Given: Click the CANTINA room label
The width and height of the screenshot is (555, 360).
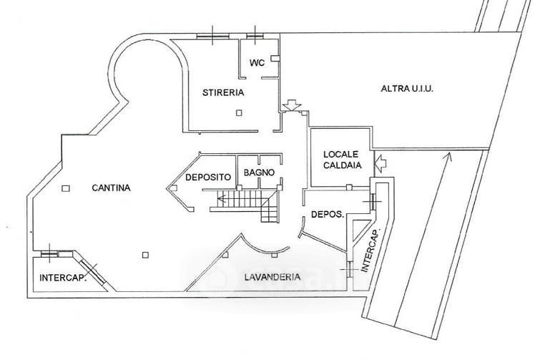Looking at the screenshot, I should pyautogui.click(x=111, y=188).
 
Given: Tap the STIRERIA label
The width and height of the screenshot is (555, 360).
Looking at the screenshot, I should pyautogui.click(x=223, y=92).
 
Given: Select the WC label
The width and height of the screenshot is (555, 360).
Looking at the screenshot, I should pyautogui.click(x=257, y=63).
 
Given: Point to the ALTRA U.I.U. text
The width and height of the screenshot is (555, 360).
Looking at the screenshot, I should pyautogui.click(x=408, y=89).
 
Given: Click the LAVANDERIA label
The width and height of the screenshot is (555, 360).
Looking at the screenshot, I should pyautogui.click(x=271, y=277).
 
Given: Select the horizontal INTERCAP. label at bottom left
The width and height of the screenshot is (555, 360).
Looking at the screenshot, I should pyautogui.click(x=64, y=278).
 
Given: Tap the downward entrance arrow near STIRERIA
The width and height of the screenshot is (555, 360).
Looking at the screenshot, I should pyautogui.click(x=290, y=105).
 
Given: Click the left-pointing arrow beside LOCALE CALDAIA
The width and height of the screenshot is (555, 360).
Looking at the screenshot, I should pyautogui.click(x=380, y=163).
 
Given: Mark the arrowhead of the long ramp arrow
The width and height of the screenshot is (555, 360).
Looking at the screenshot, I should pyautogui.click(x=448, y=157).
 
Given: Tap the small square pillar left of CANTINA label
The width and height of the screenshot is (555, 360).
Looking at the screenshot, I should pyautogui.click(x=66, y=188).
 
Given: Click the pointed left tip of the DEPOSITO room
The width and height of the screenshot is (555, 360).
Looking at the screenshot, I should pyautogui.click(x=169, y=188).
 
